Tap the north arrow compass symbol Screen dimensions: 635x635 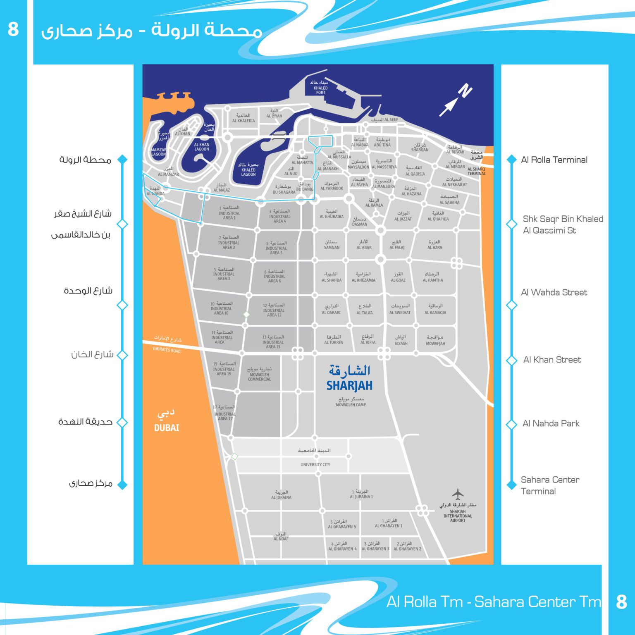[x=455, y=100]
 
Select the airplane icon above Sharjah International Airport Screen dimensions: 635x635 [x=458, y=494]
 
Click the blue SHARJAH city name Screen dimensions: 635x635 [x=349, y=385]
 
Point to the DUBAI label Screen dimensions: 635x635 [x=167, y=428]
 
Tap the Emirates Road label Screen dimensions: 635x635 [x=167, y=350]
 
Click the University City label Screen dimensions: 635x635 [x=315, y=465]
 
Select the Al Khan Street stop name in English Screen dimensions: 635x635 [x=552, y=360]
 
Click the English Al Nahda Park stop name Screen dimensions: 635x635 [x=551, y=423]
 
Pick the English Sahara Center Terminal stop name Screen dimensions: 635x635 [x=550, y=485]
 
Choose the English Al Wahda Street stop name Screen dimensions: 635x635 [x=554, y=292]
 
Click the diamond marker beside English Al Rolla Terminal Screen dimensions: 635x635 [x=512, y=159]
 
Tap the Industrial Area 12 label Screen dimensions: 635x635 [x=274, y=310]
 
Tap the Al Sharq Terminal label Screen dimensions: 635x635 [x=477, y=171]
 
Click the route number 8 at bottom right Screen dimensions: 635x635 [x=621, y=602]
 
